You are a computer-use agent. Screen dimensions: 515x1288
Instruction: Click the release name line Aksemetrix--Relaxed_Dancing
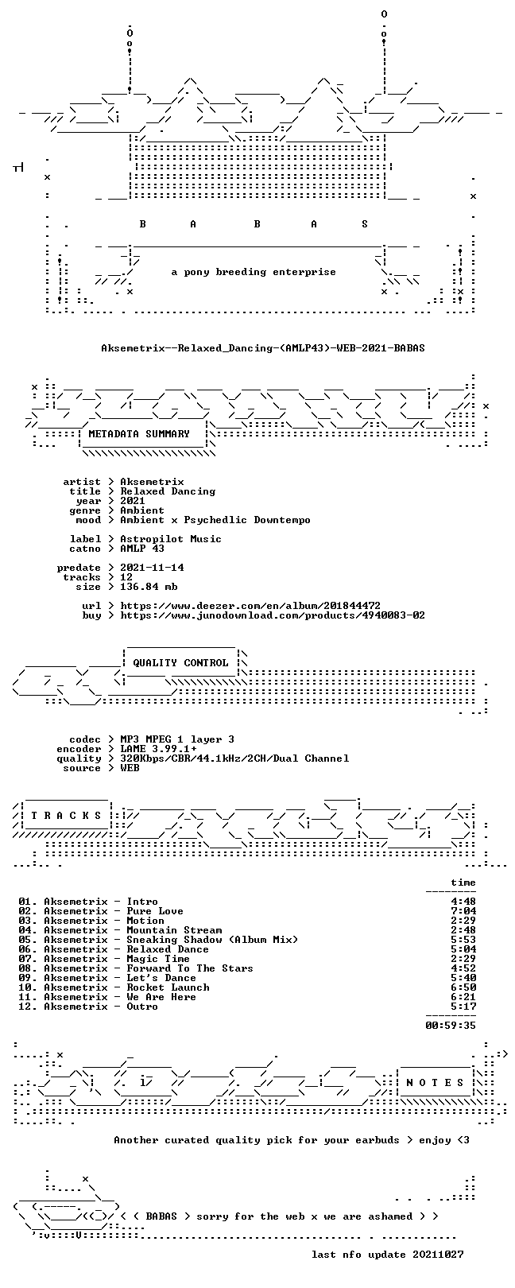click(x=263, y=348)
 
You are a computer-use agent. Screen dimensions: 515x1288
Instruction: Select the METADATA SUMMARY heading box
click(x=139, y=434)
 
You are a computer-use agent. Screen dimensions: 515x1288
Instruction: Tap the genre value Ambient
click(x=142, y=510)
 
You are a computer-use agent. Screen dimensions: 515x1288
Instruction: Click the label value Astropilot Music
click(x=171, y=539)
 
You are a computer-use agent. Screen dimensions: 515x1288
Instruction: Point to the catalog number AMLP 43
click(x=142, y=549)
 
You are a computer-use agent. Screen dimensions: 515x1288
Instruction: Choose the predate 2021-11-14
click(x=152, y=568)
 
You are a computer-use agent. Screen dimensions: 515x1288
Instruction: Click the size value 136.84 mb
click(x=149, y=587)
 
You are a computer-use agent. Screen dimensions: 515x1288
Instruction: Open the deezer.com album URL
click(x=250, y=606)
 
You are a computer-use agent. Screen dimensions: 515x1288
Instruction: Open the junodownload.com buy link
click(x=273, y=615)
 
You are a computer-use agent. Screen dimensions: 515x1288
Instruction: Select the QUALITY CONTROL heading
click(x=180, y=663)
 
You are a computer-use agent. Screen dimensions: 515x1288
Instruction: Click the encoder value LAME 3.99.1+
click(x=158, y=749)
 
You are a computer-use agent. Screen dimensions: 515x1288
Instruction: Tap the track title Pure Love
click(x=155, y=911)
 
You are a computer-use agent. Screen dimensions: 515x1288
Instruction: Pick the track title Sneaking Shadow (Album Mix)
click(x=212, y=940)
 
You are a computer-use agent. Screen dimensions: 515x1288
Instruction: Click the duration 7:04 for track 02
click(x=463, y=911)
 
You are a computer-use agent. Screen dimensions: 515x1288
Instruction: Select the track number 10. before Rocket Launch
click(x=28, y=987)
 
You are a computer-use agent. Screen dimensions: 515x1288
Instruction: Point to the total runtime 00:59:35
click(x=451, y=1025)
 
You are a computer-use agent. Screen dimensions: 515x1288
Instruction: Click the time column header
click(x=463, y=883)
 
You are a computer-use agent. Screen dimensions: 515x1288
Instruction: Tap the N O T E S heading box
click(x=435, y=1083)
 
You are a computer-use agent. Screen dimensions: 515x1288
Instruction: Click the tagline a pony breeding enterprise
click(x=254, y=272)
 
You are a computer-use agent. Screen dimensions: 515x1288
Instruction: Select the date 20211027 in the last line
click(x=438, y=1254)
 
